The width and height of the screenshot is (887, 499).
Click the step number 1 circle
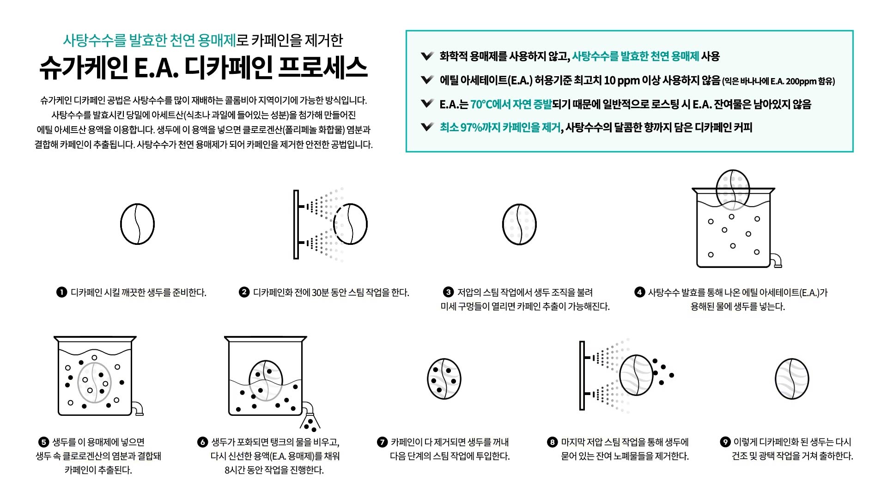pos(61,292)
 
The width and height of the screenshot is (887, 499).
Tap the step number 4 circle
pos(639,292)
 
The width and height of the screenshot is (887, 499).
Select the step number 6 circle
pos(202,442)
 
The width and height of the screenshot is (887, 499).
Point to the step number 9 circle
pos(725,442)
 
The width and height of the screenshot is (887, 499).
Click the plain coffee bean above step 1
pos(137,224)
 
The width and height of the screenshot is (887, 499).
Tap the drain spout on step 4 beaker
pos(777,261)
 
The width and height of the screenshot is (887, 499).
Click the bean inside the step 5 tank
pos(95,383)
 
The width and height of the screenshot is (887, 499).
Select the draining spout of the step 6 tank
pos(308,410)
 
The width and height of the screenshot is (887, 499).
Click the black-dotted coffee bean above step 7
pos(444,379)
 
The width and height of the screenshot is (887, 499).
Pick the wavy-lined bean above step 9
pos(792,379)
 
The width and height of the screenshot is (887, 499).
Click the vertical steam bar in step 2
pos(296,225)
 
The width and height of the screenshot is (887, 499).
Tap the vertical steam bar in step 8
pos(582,375)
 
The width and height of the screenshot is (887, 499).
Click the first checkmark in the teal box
pos(427,56)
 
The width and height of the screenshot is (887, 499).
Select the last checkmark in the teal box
pos(427,127)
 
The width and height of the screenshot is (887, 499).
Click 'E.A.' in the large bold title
pos(156,68)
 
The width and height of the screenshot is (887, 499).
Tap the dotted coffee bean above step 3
pos(519,224)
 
